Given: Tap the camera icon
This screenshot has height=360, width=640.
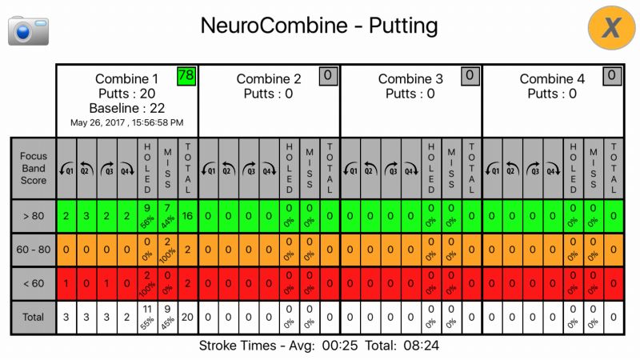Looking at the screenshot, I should (x=28, y=30).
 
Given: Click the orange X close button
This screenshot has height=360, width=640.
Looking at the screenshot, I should (x=611, y=28).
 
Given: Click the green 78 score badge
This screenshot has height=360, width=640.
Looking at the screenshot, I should (x=186, y=75).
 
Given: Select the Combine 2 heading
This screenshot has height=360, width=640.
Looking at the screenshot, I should (x=269, y=78).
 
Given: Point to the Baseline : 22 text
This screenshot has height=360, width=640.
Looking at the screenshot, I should (x=126, y=108).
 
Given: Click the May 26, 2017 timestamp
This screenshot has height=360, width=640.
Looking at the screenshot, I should (x=126, y=123).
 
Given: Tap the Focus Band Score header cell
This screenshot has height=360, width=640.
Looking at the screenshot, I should (x=33, y=168).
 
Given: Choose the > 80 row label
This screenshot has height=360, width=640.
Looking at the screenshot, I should (x=33, y=215).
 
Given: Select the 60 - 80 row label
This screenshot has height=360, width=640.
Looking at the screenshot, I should (x=33, y=250).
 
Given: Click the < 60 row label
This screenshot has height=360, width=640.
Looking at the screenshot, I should (x=33, y=283).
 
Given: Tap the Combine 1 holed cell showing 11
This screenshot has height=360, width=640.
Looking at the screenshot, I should (x=147, y=318).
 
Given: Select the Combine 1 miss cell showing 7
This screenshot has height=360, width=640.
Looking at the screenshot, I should (x=168, y=215).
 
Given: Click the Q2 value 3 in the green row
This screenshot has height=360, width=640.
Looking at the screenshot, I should (x=86, y=215).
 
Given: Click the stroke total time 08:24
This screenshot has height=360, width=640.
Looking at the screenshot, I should (x=420, y=346).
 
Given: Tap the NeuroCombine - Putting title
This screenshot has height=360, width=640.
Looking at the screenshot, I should (x=319, y=26).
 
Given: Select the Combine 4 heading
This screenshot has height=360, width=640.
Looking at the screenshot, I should (x=552, y=78).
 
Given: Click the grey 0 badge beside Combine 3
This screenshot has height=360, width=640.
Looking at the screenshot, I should (x=470, y=76).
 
